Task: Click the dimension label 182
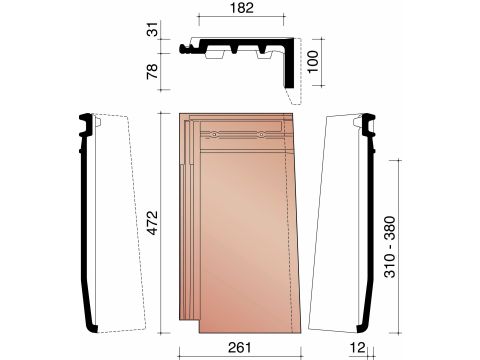pyautogui.click(x=242, y=8)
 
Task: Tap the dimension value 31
pyautogui.click(x=152, y=29)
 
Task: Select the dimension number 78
pyautogui.click(x=152, y=71)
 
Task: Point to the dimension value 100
pyautogui.click(x=313, y=62)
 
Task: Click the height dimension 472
pyautogui.click(x=153, y=222)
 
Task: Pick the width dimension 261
pyautogui.click(x=240, y=347)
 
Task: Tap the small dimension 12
pyautogui.click(x=358, y=347)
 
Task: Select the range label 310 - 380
pyautogui.click(x=390, y=247)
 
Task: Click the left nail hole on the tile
pyautogui.click(x=214, y=135)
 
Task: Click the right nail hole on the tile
pyautogui.click(x=262, y=135)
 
